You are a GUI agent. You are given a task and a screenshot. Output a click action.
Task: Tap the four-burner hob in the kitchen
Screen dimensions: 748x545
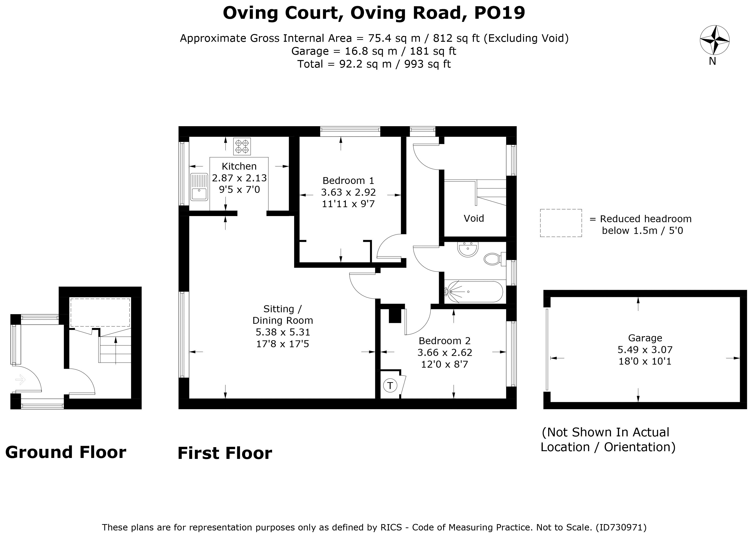242,146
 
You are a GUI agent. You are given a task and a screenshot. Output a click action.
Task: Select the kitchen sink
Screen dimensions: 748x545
199,187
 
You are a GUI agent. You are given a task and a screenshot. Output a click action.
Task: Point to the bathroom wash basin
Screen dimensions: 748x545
468,249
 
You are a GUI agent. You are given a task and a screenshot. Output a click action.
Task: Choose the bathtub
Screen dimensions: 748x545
473,292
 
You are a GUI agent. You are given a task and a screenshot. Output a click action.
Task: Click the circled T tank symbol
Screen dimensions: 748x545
390,385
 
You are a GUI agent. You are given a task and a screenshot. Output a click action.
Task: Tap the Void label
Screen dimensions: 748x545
474,218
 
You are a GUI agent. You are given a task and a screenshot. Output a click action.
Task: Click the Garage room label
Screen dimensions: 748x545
645,338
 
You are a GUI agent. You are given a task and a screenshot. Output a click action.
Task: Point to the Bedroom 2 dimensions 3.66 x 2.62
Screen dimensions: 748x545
444,352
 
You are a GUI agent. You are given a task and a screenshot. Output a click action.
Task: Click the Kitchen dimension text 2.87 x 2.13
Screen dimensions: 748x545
239,178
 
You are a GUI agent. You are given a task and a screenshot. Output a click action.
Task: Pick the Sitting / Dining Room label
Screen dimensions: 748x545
283,315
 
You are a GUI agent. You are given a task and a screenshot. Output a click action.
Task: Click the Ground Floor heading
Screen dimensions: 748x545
66,452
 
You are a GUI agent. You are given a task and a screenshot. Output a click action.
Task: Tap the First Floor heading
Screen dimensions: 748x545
225,453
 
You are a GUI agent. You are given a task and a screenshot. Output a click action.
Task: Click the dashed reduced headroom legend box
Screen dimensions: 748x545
561,223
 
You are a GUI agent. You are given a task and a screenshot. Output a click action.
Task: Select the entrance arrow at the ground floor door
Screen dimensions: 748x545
20,380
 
